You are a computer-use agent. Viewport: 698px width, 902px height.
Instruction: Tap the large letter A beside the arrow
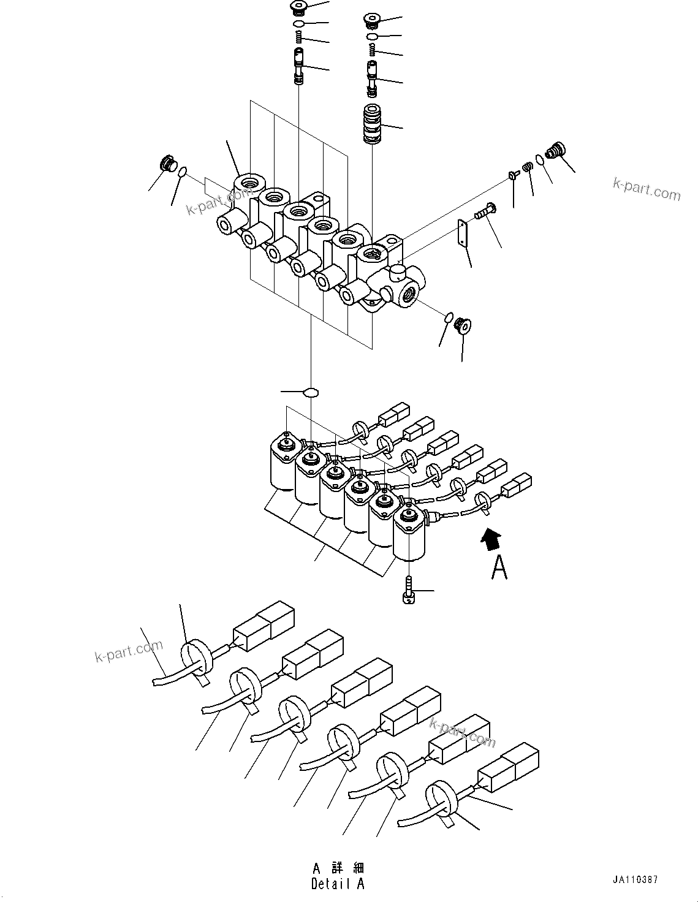tap(499, 568)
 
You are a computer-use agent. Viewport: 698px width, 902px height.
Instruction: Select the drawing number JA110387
tap(635, 879)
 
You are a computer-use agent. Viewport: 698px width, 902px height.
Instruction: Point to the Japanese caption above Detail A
tap(338, 868)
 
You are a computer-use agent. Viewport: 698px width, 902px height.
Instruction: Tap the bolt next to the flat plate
tap(485, 213)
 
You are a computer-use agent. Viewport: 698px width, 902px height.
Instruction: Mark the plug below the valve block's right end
tap(463, 325)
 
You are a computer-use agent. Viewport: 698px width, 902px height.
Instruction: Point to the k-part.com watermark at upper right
tap(647, 189)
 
